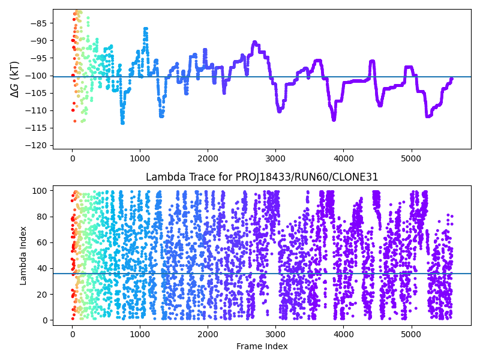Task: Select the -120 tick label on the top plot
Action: click(38, 145)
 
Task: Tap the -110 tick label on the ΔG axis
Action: click(38, 110)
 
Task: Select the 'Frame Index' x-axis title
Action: click(262, 346)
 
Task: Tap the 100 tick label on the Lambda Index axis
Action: click(40, 191)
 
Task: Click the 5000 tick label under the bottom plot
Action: click(411, 334)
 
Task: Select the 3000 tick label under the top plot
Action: click(275, 158)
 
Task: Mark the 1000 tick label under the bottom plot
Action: click(140, 334)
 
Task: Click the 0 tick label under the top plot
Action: click(72, 158)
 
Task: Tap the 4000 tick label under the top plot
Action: click(343, 158)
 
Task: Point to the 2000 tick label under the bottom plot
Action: click(208, 334)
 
